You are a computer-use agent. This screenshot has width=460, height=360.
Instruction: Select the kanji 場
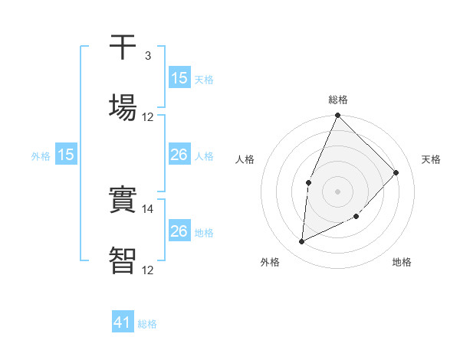coord(123,107)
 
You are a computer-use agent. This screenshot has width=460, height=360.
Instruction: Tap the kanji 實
coord(123,201)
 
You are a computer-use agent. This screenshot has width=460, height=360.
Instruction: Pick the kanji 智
coord(123,260)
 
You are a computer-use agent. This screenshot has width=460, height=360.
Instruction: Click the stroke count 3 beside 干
coord(147,56)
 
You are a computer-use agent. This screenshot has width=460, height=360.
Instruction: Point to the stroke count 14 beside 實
coord(148,208)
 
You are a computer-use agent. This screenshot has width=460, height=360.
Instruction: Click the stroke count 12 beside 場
coord(148,116)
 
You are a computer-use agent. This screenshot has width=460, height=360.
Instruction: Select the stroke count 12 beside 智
coord(148,270)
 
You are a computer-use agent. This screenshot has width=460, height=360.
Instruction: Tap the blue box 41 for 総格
coord(123,322)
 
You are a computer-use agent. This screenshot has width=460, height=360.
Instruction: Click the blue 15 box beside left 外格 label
coord(66,155)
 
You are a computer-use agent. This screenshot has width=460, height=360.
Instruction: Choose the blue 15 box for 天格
coord(179,78)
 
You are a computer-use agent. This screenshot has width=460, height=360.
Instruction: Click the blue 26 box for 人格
coord(179,155)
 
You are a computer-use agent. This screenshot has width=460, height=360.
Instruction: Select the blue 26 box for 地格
coord(179,231)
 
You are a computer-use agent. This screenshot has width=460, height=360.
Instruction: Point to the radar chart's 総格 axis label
coord(338,100)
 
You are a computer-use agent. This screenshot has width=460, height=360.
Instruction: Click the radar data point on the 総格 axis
coord(337,116)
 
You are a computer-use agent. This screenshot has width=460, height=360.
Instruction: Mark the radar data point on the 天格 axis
coord(396,172)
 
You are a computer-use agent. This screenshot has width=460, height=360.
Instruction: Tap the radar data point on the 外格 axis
coord(301,242)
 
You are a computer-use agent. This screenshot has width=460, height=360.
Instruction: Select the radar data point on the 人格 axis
coord(308,182)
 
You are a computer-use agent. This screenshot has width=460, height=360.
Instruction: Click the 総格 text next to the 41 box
coord(147,324)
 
